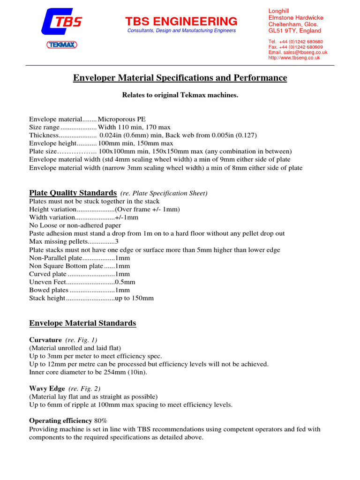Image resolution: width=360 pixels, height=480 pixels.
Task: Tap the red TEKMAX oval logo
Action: coord(61,45)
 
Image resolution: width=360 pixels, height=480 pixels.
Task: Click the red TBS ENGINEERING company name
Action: coord(181,21)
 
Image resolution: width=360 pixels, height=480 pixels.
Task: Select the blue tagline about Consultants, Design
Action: coord(181,30)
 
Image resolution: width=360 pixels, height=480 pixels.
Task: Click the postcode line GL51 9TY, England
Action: coord(294,31)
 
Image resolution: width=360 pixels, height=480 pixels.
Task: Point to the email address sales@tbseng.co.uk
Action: coord(294,52)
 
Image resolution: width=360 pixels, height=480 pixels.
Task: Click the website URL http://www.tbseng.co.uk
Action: coord(294,58)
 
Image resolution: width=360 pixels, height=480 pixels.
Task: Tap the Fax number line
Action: coord(295,47)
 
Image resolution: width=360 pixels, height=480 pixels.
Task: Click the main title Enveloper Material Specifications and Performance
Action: coord(180,78)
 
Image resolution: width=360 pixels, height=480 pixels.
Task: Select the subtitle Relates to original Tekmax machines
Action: coord(180,95)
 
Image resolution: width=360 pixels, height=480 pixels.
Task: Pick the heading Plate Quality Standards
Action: coord(73,193)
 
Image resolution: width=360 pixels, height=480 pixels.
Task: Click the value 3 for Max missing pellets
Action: coord(117,241)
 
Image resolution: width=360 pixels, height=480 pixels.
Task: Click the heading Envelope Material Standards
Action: coord(82,323)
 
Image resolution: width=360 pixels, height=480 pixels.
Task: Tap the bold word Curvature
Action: coord(45,339)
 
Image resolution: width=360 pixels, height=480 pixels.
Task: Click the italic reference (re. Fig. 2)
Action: coord(84,389)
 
